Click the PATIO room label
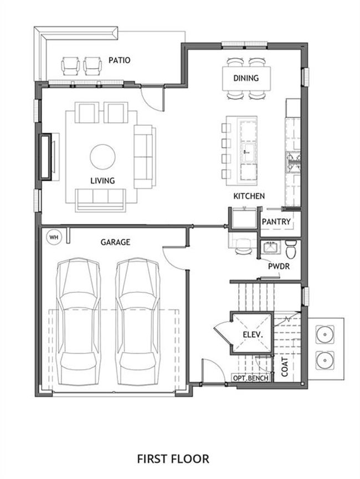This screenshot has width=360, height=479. [x=119, y=60]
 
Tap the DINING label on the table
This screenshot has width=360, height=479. [x=246, y=78]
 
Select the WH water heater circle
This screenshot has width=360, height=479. [x=54, y=237]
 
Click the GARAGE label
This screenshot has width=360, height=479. [x=115, y=242]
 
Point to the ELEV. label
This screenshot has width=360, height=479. [x=253, y=334]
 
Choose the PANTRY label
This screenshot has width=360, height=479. [x=276, y=221]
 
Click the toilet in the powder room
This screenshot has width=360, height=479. [x=291, y=249]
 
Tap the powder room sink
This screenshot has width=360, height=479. [x=270, y=247]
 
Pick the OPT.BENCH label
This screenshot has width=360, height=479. [x=251, y=378]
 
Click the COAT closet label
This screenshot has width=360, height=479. [x=284, y=366]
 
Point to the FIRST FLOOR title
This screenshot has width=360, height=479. [x=173, y=458]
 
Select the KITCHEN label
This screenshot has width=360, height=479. [x=249, y=196]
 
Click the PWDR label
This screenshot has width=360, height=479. [x=279, y=266]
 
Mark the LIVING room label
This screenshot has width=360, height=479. [x=102, y=181]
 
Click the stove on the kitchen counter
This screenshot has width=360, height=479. [x=293, y=162]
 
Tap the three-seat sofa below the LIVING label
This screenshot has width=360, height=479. [x=100, y=200]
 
